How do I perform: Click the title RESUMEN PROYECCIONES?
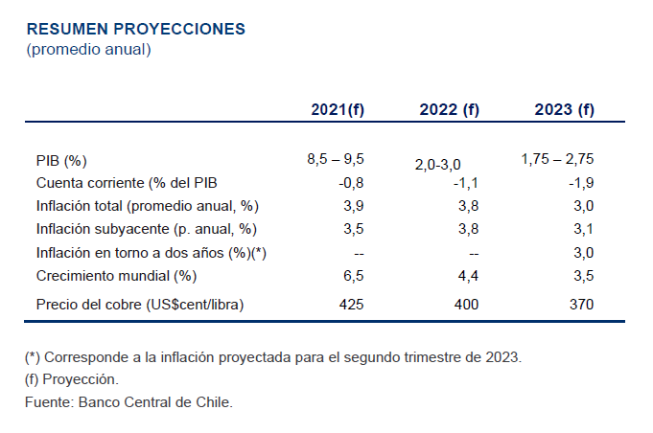coord(135,29)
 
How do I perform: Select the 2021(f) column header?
coord(338,109)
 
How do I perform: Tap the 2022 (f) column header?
coord(449,109)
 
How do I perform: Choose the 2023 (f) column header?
coord(564,109)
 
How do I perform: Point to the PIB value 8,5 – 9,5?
coord(336,159)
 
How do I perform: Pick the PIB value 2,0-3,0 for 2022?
coord(445,166)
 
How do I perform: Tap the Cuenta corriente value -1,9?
coord(582,183)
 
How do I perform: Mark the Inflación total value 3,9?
coord(354,206)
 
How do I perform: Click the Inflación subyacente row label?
coord(146,229)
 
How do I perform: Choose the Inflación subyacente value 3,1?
coord(583,229)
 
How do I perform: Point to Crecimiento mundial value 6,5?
coord(354,276)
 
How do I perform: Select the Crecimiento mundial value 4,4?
coord(468,276)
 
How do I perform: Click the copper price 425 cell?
coord(352,305)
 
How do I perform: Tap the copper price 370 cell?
coord(581,305)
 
